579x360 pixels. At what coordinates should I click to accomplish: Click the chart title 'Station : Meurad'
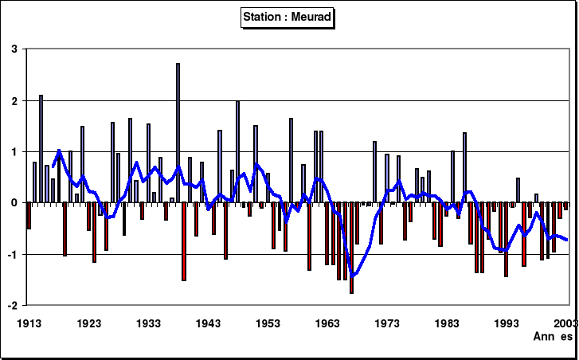click(x=288, y=16)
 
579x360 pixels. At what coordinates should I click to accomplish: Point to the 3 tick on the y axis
click(x=14, y=49)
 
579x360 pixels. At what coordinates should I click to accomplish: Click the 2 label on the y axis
click(x=14, y=101)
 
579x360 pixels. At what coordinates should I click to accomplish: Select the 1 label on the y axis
click(x=14, y=152)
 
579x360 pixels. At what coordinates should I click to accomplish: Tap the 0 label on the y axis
click(x=14, y=203)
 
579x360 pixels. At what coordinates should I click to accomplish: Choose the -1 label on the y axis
click(x=12, y=254)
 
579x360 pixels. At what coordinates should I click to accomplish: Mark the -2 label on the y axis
click(x=12, y=306)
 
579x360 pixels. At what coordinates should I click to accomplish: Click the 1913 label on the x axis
click(x=29, y=323)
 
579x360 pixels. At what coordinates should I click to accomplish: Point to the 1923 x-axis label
click(x=88, y=323)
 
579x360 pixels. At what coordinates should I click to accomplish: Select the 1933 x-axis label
click(x=148, y=323)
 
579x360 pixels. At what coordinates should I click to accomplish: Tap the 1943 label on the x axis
click(x=208, y=323)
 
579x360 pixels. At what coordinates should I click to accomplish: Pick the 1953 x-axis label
click(x=268, y=323)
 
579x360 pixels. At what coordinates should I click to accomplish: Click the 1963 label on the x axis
click(x=327, y=323)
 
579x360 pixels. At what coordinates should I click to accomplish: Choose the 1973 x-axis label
click(x=387, y=323)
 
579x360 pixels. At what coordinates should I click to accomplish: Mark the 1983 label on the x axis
click(x=447, y=323)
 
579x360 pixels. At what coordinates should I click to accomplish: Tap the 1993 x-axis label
click(x=507, y=323)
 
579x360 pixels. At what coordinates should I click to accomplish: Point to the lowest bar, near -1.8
click(x=351, y=248)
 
